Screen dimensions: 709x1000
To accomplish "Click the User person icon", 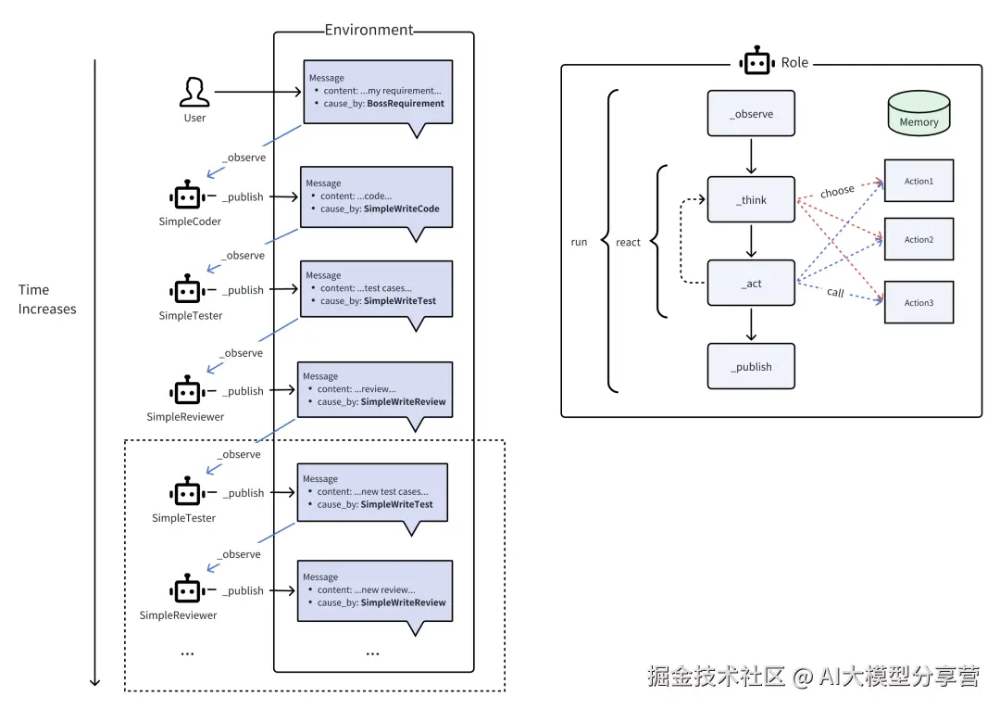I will pos(194,93).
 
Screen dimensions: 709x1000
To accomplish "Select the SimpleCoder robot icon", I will pos(187,196).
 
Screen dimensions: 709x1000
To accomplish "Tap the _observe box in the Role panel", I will pos(751,114).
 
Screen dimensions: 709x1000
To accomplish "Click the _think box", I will pos(751,199).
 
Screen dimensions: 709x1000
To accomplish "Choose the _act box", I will pos(751,283).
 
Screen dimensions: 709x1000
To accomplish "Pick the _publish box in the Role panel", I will pos(751,367).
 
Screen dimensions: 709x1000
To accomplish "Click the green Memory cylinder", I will pos(919,114).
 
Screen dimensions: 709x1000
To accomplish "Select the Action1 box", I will pos(919,181).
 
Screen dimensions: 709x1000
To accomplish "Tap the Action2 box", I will pos(919,239).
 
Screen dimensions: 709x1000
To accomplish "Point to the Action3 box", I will pos(919,302).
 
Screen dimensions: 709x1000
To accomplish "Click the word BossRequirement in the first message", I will pos(406,104).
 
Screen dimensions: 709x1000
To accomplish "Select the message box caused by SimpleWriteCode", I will pos(376,196).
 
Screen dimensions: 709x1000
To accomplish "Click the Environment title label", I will pos(369,30).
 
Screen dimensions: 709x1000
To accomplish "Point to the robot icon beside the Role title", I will pos(756,62).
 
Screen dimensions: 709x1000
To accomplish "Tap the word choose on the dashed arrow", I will pos(837,191).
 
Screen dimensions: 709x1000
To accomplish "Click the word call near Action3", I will pos(835,292).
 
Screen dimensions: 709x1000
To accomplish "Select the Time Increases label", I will pos(47,299).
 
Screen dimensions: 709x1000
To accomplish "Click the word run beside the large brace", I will pos(579,243).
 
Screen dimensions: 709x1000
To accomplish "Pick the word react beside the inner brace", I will pos(628,243).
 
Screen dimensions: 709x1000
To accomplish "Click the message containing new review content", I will pos(374,590).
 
